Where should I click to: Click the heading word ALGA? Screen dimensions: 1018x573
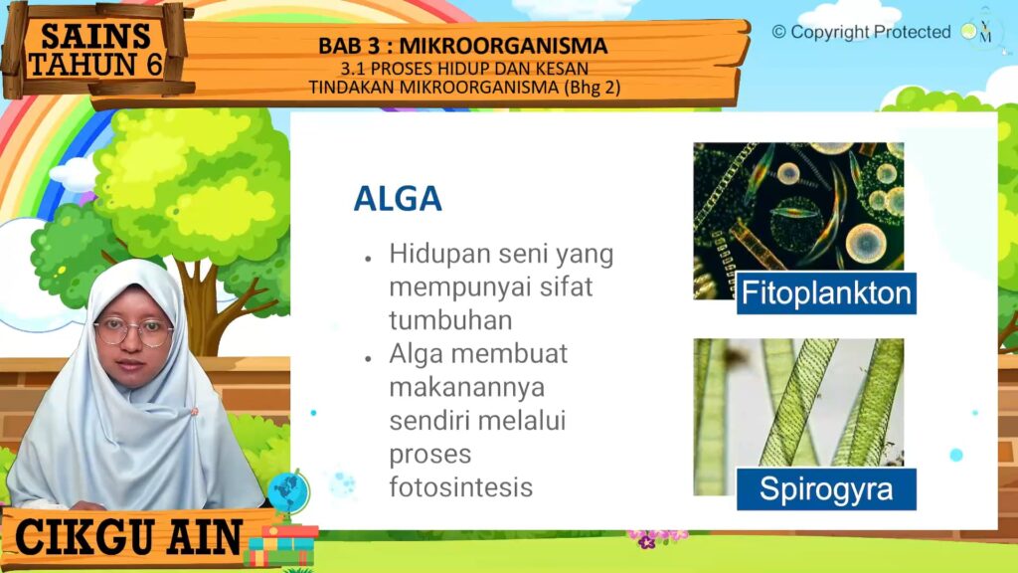coord(398,199)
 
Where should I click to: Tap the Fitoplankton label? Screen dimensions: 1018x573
coord(826,293)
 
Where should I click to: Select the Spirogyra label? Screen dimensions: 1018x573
coord(826,489)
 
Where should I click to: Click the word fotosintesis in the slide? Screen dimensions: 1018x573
coord(461,486)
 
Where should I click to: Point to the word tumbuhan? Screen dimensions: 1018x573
coord(450,320)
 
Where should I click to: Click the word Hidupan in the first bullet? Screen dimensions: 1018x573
coord(440,254)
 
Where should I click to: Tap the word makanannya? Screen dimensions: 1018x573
coord(467,388)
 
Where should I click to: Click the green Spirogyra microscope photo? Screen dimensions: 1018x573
coord(798,417)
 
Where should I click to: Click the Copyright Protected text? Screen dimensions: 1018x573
coord(861,32)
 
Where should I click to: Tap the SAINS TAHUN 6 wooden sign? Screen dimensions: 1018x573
coord(94,51)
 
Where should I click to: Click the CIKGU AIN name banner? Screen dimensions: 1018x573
coord(130,538)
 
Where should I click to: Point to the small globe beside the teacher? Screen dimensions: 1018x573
coord(287,491)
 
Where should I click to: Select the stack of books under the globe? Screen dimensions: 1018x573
coord(281,546)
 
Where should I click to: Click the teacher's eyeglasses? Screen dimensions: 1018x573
coord(134,332)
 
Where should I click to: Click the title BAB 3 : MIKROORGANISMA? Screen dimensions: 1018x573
coord(463,46)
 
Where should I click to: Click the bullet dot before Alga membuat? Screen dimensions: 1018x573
coord(368,358)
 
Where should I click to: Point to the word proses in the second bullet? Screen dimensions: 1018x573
coord(429,455)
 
